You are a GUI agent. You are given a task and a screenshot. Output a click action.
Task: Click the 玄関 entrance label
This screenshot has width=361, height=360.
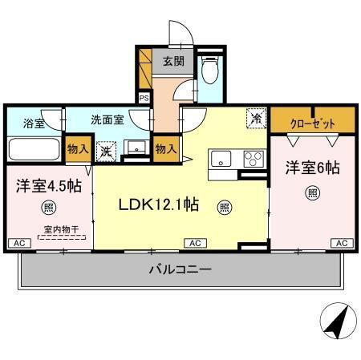pos(173,61)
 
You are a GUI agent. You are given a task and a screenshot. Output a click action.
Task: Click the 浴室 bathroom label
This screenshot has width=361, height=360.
pos(33,123)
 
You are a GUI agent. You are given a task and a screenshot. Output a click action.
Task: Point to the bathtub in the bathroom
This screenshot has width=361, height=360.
pos(34,150)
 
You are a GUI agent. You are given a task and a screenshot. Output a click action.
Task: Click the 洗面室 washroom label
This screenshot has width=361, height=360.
pos(106,120)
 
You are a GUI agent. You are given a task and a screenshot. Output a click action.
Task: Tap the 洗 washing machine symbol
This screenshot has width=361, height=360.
pos(104,149)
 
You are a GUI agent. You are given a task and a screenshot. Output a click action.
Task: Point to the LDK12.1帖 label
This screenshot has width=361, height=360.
pos(159,205)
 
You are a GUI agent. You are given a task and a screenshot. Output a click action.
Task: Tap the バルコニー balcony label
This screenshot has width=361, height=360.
pos(180,269)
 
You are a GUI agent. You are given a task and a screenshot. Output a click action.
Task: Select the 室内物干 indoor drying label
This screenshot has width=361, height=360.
pos(50,230)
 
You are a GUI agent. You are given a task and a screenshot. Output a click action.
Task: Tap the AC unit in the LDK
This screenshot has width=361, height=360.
pos(195,243)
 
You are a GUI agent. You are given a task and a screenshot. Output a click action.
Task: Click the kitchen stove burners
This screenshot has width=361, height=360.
pos(254,158)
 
